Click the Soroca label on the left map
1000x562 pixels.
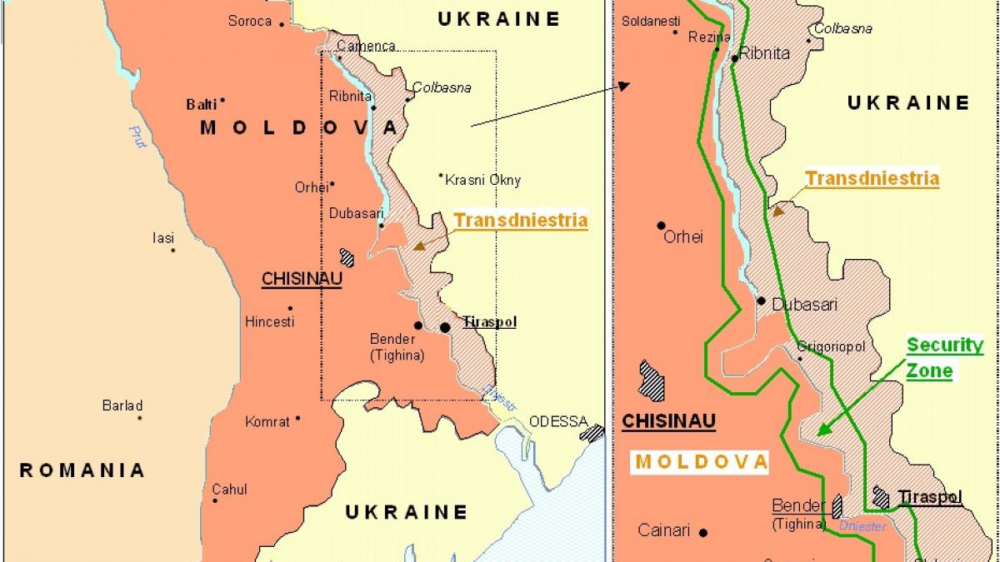pyautogui.click(x=250, y=21)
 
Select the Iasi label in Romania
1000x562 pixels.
pyautogui.click(x=163, y=238)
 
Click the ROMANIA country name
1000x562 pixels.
pyautogui.click(x=82, y=470)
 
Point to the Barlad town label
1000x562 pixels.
pyautogui.click(x=122, y=406)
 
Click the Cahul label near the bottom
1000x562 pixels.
pyautogui.click(x=229, y=490)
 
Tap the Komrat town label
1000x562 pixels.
pyautogui.click(x=267, y=422)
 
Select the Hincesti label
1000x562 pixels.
pyautogui.click(x=269, y=321)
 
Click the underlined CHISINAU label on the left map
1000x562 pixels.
pyautogui.click(x=302, y=279)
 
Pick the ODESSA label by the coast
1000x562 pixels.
pyautogui.click(x=558, y=421)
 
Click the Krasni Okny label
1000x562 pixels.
pyautogui.click(x=482, y=180)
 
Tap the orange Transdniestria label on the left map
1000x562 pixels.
pyautogui.click(x=520, y=221)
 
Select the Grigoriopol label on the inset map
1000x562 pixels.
pyautogui.click(x=831, y=346)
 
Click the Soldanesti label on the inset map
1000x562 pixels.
pyautogui.click(x=651, y=22)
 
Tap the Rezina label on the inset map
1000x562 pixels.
pyautogui.click(x=709, y=37)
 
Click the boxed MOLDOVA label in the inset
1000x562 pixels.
pyautogui.click(x=700, y=462)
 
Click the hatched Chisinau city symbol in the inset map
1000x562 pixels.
pyautogui.click(x=652, y=380)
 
